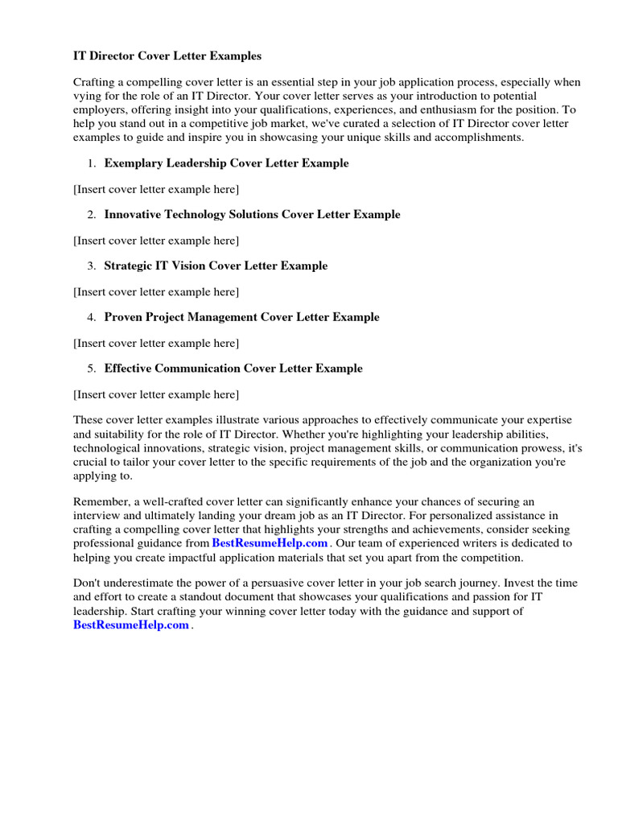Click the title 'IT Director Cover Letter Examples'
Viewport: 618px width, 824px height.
pyautogui.click(x=167, y=56)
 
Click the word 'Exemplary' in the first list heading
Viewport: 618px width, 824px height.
pyautogui.click(x=134, y=163)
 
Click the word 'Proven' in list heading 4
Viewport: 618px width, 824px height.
pyautogui.click(x=124, y=317)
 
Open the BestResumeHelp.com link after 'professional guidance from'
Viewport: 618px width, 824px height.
pyautogui.click(x=270, y=543)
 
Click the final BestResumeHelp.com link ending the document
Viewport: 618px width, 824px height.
pyautogui.click(x=131, y=625)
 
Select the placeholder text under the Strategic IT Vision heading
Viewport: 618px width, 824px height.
pyautogui.click(x=156, y=291)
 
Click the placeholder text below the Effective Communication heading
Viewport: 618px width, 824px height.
pyautogui.click(x=156, y=394)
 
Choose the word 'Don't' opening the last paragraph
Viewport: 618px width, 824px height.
pyautogui.click(x=88, y=583)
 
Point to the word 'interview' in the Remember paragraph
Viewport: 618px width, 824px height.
pyautogui.click(x=97, y=516)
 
